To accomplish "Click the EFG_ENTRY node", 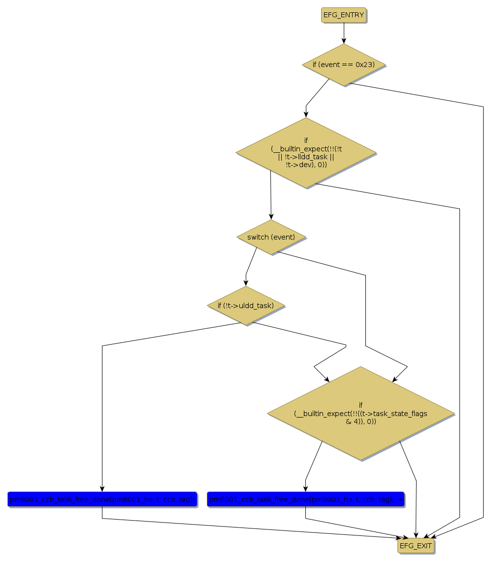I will pos(344,15).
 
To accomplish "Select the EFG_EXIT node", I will pos(416,546).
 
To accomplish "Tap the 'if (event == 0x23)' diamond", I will pos(343,65).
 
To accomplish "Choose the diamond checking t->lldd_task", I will pos(306,153).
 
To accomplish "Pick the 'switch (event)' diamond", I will pos(271,237).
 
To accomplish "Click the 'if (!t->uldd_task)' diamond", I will pos(246,306).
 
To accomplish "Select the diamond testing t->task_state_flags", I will pos(360,414).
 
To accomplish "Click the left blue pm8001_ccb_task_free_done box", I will pos(102,499).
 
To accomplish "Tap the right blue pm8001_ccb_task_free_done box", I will pos(305,499).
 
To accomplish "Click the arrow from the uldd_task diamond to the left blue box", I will pos(102,419).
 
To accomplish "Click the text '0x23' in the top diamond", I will pos(365,65).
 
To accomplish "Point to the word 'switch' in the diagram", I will pos(258,237).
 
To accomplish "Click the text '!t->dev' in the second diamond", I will pos(296,165).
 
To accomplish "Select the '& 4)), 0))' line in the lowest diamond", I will pos(360,421).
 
